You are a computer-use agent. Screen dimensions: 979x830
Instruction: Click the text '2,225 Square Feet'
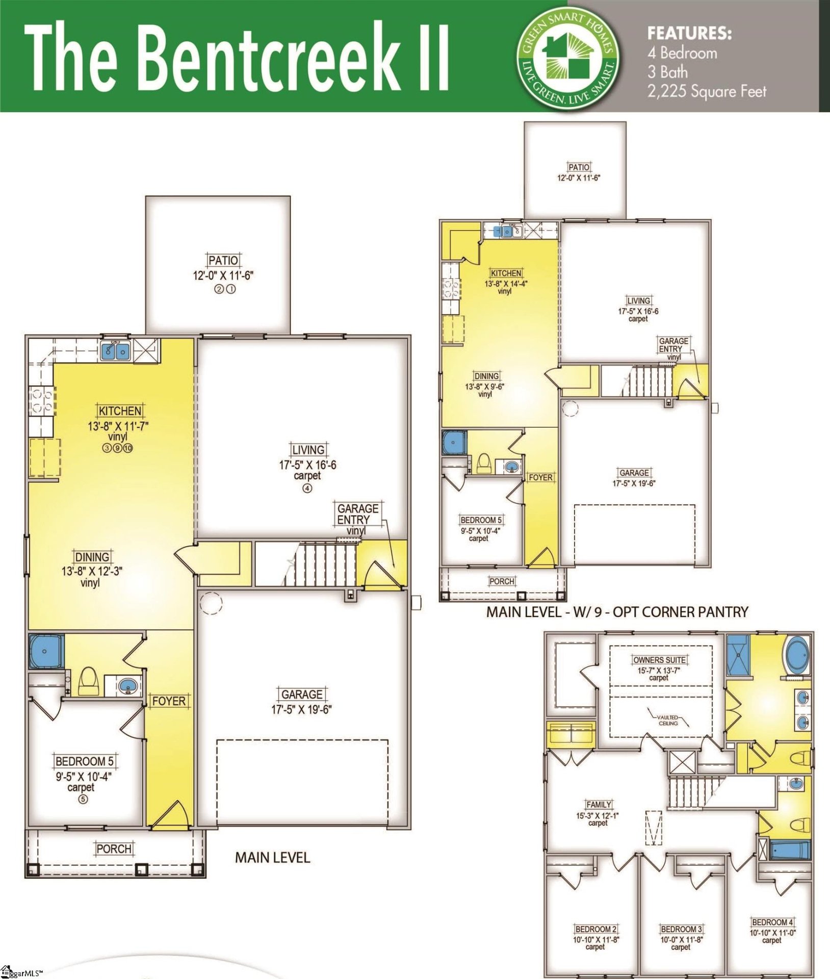(707, 92)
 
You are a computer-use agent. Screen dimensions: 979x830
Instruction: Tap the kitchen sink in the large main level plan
(116, 351)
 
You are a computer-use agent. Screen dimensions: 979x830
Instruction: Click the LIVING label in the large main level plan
(308, 450)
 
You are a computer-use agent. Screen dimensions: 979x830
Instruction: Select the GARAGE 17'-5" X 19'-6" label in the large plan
(302, 701)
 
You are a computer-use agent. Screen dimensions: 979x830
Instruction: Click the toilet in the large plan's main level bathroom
(88, 681)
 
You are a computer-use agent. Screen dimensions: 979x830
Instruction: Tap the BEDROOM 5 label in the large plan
(84, 761)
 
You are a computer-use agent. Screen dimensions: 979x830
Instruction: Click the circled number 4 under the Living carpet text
(307, 488)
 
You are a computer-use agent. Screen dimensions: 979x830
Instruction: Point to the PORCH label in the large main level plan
(114, 849)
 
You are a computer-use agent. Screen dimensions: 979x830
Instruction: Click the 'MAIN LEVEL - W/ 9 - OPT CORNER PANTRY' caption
(617, 612)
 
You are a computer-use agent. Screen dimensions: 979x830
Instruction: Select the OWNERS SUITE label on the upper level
(659, 660)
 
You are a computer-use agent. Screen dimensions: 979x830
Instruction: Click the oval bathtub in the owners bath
(797, 655)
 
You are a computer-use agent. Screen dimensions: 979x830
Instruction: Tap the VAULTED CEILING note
(667, 720)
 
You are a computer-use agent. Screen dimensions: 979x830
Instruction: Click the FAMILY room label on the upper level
(599, 804)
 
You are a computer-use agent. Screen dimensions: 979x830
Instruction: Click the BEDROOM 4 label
(772, 922)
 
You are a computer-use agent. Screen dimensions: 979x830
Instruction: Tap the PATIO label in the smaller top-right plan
(579, 167)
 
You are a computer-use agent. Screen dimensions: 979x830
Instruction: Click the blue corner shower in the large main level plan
(46, 651)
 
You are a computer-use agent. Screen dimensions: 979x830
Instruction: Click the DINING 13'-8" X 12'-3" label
(92, 557)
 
